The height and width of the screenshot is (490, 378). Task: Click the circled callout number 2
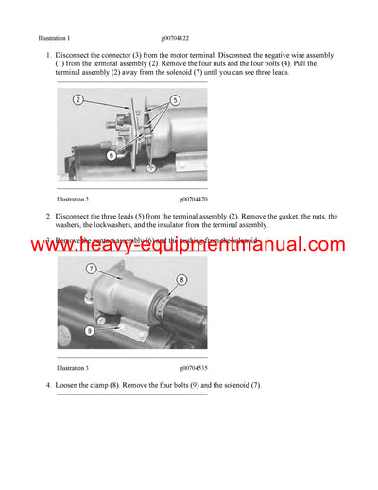[x=77, y=99]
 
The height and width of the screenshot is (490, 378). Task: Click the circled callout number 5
[x=175, y=99]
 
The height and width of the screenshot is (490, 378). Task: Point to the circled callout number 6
[x=112, y=155]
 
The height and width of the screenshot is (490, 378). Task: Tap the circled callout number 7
[x=92, y=270]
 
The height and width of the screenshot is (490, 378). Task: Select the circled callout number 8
[x=181, y=279]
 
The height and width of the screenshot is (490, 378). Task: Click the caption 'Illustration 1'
[x=54, y=38]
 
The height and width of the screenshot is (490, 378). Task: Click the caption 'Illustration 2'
[x=73, y=200]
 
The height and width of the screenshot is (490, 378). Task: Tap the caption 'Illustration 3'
[x=73, y=367]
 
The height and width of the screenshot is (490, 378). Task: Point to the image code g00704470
[x=195, y=200]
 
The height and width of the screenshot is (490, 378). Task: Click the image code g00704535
[x=195, y=367]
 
